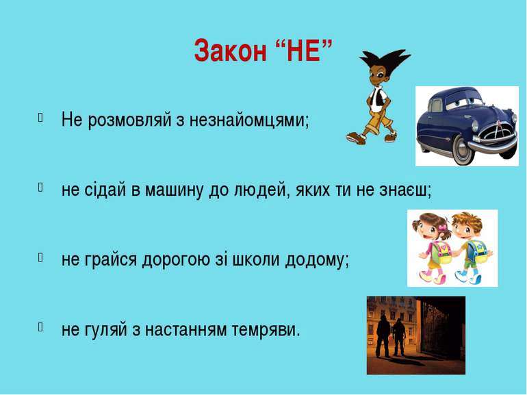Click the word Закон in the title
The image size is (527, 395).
tap(230, 51)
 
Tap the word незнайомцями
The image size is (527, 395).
tap(248, 120)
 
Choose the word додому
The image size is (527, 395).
tap(318, 260)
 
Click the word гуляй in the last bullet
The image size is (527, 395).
tap(106, 330)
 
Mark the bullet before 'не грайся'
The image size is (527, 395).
tap(40, 257)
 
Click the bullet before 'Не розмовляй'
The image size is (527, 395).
tap(40, 117)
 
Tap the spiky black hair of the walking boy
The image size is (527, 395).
tap(384, 60)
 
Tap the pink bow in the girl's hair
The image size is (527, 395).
tap(443, 228)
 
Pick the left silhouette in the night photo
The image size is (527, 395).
tap(383, 336)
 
